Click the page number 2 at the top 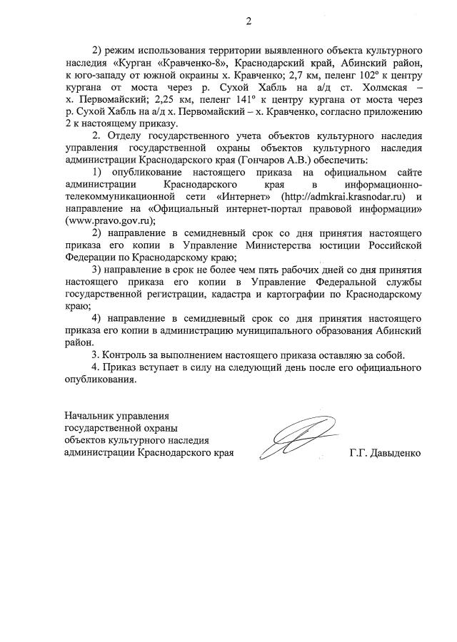(248, 21)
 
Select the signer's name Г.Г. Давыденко (386, 453)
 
